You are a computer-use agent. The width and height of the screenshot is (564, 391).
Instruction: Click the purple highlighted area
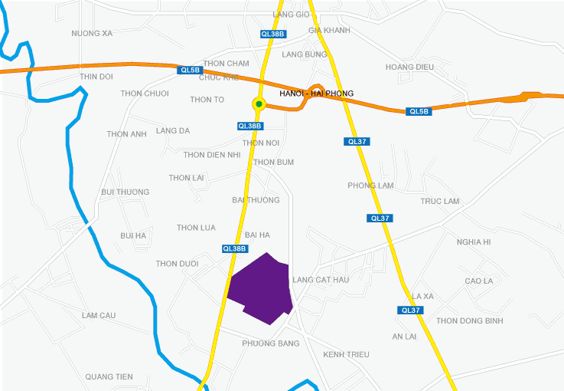click(x=260, y=287)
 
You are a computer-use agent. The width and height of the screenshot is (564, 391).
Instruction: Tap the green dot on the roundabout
click(x=259, y=104)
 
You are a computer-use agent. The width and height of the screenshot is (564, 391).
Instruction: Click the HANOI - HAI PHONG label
click(x=317, y=94)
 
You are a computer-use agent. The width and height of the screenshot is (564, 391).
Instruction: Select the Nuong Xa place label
click(x=92, y=34)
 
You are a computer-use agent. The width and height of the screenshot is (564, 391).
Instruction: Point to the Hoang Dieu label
click(x=409, y=67)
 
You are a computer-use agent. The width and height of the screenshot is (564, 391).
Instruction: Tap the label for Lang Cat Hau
click(x=321, y=280)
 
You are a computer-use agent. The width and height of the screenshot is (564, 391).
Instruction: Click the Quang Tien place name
click(x=109, y=376)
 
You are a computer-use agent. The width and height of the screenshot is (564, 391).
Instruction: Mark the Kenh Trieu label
click(x=346, y=354)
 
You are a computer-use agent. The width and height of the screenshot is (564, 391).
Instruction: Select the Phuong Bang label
click(x=270, y=343)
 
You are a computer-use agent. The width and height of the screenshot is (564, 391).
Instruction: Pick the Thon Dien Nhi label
click(x=212, y=155)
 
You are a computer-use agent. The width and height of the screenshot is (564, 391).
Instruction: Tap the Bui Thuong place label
click(x=125, y=192)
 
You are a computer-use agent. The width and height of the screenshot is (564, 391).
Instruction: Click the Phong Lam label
click(x=370, y=186)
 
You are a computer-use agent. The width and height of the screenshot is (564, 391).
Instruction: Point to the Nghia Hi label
click(x=473, y=242)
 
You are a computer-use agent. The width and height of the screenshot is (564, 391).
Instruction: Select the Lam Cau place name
click(x=98, y=315)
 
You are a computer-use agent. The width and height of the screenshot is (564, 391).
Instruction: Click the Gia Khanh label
click(x=329, y=31)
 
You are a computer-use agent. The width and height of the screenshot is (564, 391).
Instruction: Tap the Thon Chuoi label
click(x=145, y=94)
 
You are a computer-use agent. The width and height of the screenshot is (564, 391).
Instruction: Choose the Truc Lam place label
click(x=439, y=201)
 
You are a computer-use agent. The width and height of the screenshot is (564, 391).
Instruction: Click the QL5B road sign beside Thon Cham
click(x=189, y=70)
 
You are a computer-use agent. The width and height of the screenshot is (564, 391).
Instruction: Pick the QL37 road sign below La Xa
click(x=411, y=310)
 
